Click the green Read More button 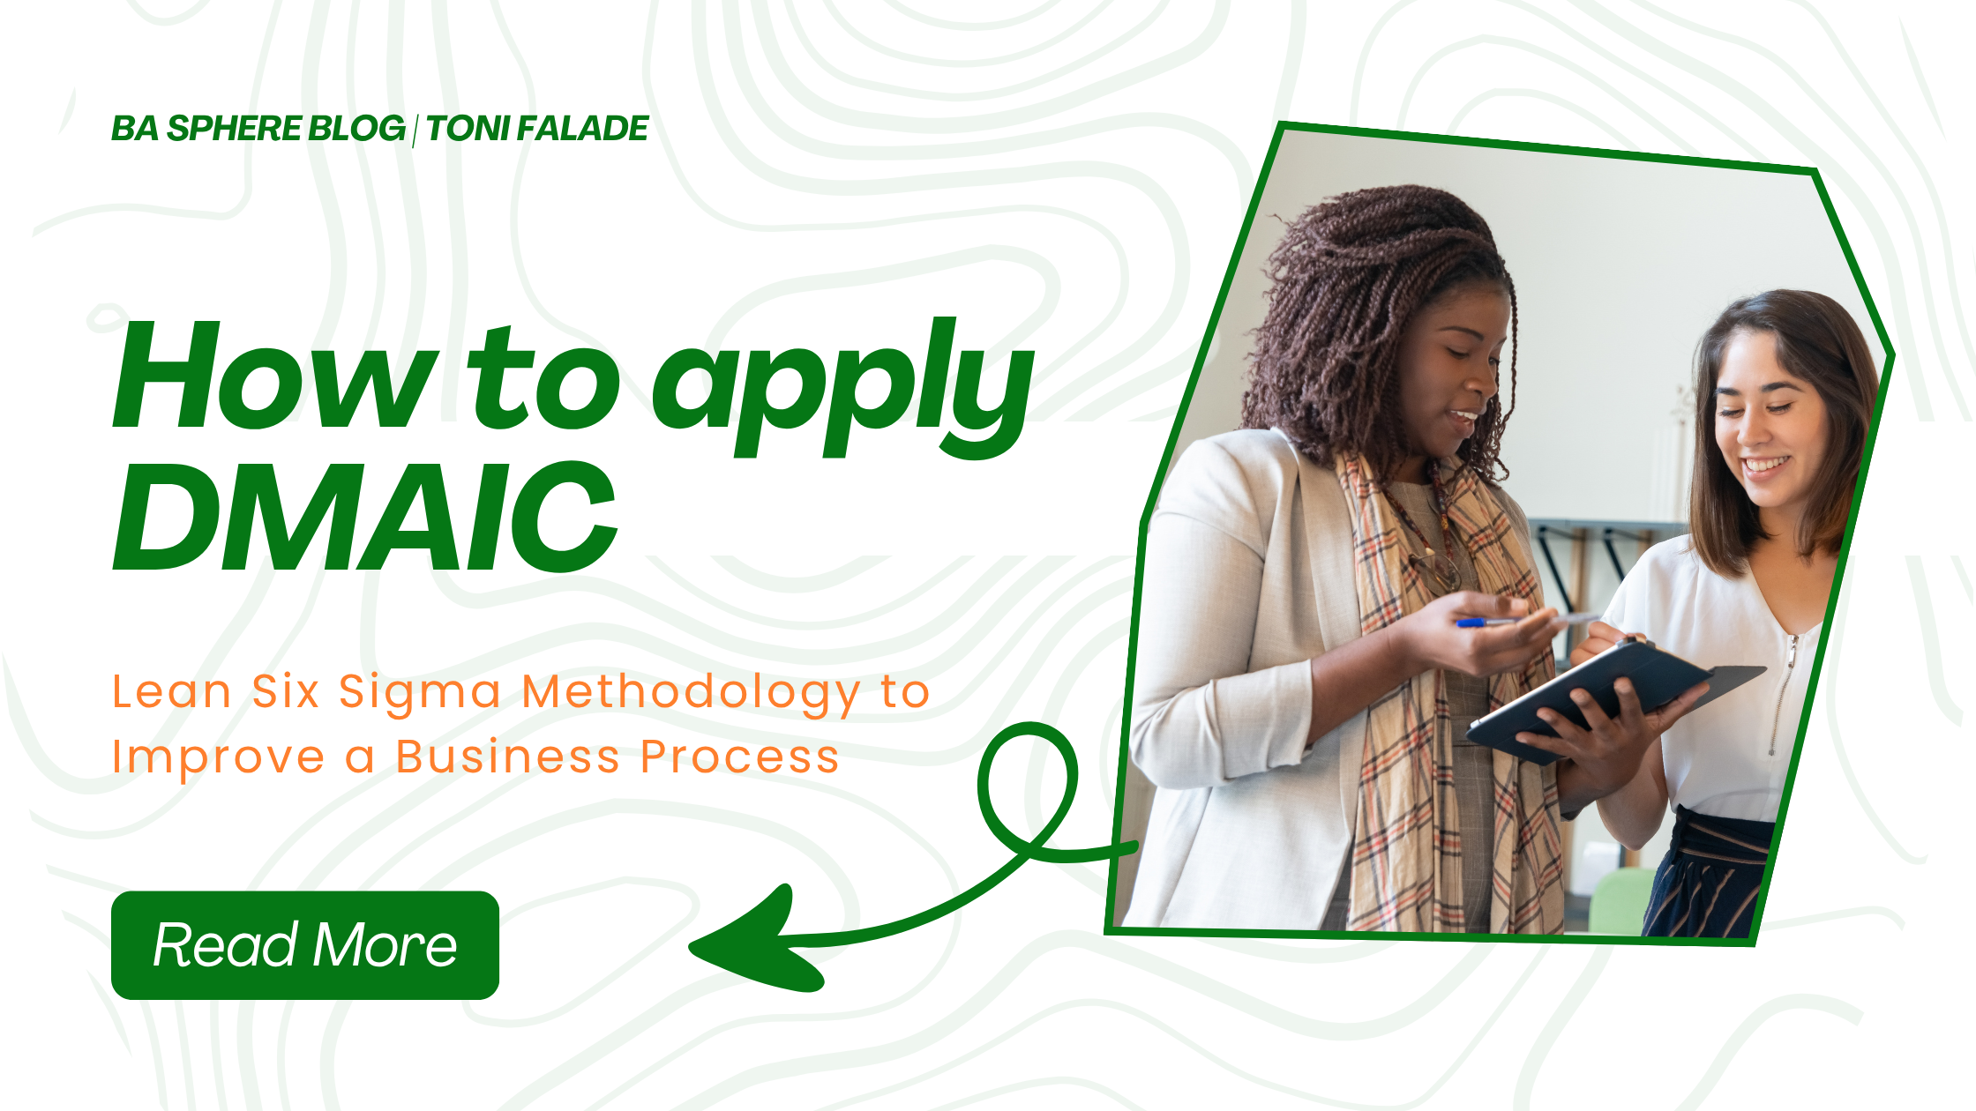click(305, 945)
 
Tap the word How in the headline click(275, 377)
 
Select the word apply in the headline click(843, 388)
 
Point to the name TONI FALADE click(537, 129)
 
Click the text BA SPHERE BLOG click(258, 129)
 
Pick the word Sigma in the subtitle click(421, 693)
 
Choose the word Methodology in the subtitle click(691, 693)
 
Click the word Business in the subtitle click(507, 757)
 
